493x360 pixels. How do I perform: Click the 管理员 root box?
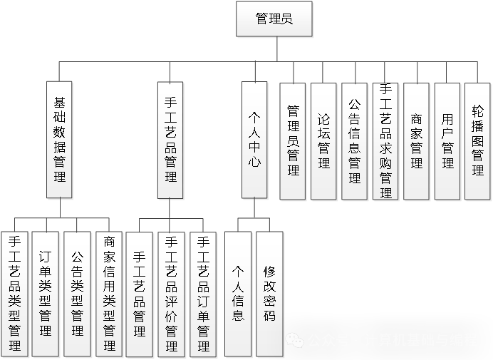(274, 19)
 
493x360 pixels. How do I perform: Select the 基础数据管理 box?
(60, 140)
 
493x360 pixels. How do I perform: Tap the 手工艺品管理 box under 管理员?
(170, 140)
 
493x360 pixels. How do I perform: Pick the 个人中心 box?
(254, 140)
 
